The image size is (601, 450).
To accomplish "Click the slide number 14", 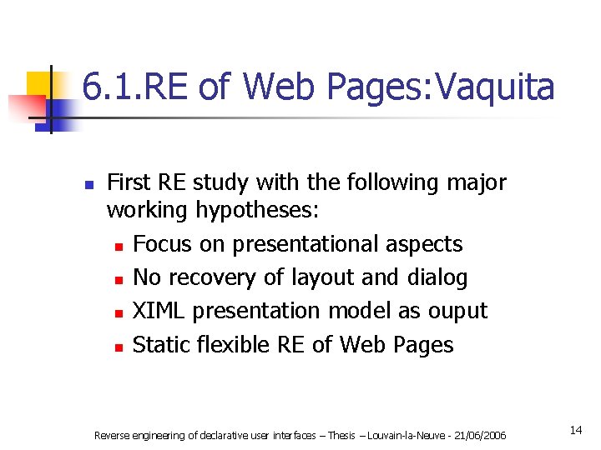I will pyautogui.click(x=575, y=430).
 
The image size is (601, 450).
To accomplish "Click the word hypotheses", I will pyautogui.click(x=257, y=211).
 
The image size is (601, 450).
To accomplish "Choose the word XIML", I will pyautogui.click(x=159, y=311).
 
